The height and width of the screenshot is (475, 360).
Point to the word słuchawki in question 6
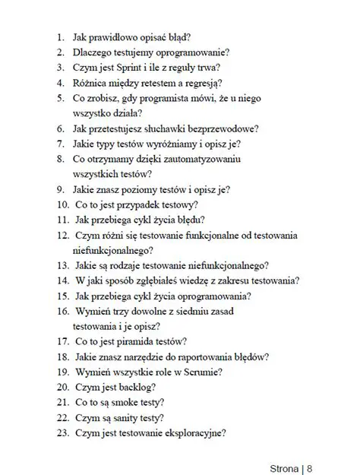point(169,129)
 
